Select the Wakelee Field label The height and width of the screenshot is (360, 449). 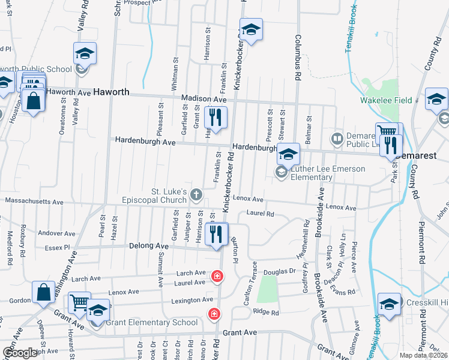(x=385, y=100)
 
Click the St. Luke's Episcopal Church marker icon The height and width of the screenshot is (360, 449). (x=197, y=194)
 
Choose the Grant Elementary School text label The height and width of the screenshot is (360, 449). (x=152, y=323)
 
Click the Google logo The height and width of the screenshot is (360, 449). (x=20, y=353)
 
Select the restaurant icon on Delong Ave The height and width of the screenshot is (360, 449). (x=217, y=234)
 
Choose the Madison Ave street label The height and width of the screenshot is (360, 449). (x=201, y=98)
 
